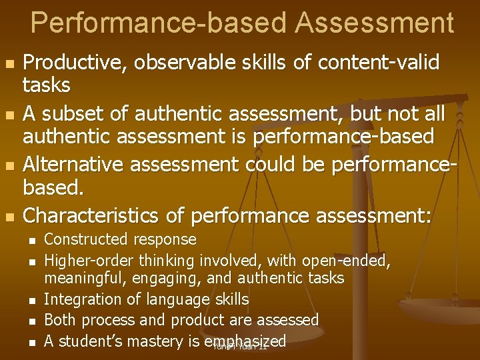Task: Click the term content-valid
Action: click(379, 63)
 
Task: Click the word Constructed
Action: click(85, 239)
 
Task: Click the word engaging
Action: click(170, 277)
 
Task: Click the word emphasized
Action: click(246, 341)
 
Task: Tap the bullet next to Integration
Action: click(31, 301)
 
